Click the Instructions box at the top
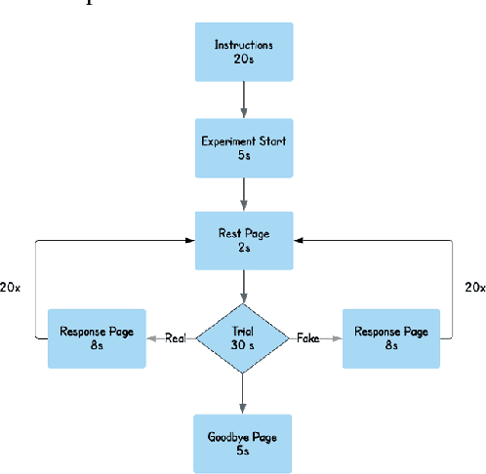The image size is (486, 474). click(242, 53)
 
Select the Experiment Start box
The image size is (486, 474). click(242, 147)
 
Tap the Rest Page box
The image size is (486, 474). click(242, 241)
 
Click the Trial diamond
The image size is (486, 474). click(242, 337)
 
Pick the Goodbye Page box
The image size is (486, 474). click(242, 442)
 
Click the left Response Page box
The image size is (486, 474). click(97, 337)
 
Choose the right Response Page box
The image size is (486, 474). click(391, 337)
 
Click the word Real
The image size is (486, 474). click(175, 337)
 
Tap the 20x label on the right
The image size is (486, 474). click(473, 288)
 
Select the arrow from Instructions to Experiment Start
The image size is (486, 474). click(242, 99)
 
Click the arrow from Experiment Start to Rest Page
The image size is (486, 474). click(242, 194)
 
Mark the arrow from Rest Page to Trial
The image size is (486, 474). click(242, 287)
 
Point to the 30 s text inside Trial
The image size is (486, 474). click(242, 344)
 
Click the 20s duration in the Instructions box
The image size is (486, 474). click(242, 59)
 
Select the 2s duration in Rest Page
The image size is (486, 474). click(242, 249)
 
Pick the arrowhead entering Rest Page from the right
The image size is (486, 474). click(297, 240)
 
